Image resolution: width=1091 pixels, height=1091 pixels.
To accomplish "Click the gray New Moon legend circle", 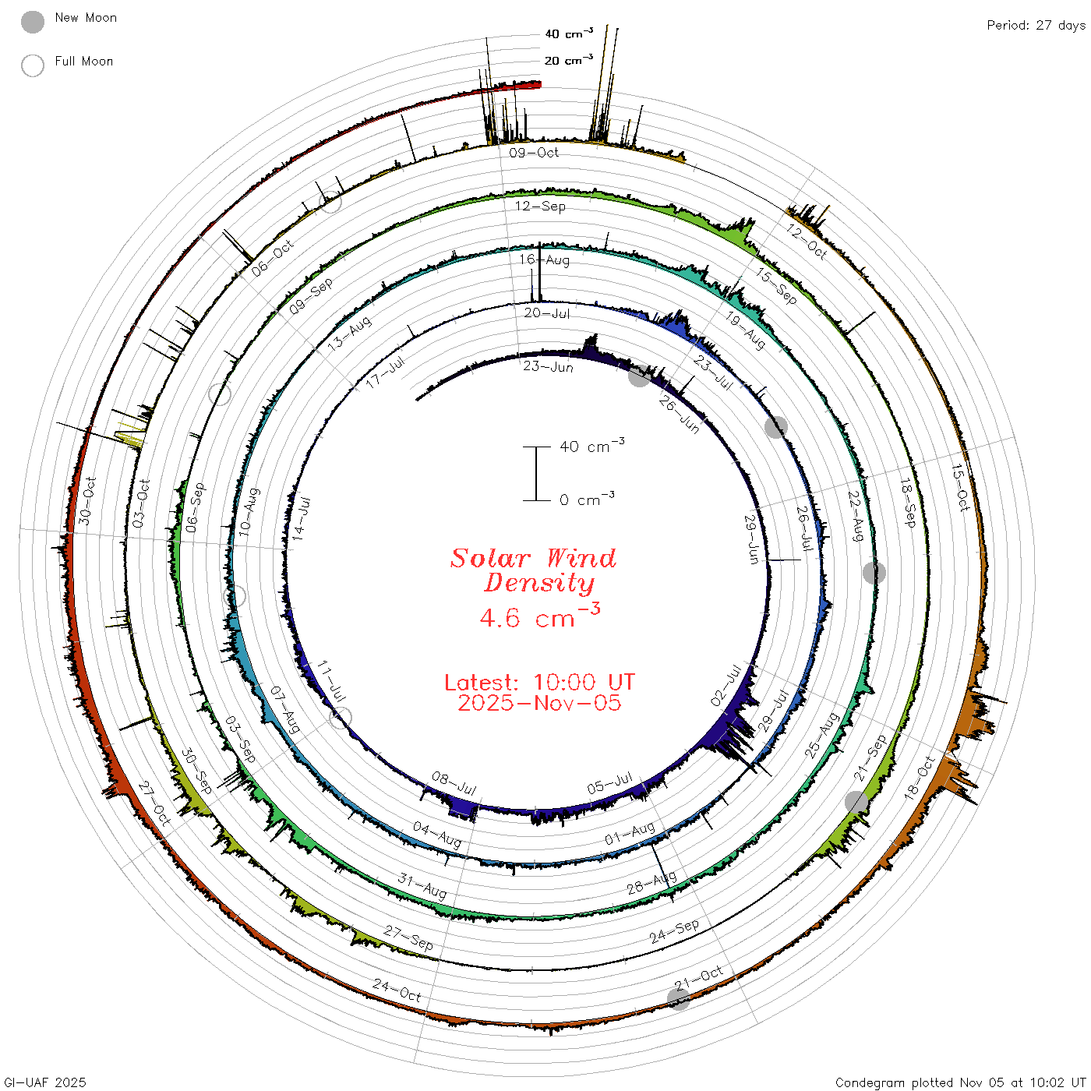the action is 32,22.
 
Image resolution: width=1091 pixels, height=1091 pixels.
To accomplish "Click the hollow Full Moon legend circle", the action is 32,65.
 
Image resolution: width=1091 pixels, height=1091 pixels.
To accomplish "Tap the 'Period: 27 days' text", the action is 1036,26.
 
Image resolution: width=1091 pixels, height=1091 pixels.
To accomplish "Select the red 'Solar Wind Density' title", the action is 534,570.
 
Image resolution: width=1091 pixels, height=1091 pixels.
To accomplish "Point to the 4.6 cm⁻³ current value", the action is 539,616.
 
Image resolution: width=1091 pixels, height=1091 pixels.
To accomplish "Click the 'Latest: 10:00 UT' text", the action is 539,682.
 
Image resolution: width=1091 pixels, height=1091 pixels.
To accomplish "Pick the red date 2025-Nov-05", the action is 539,703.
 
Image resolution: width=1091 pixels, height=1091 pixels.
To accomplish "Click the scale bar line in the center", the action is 536,473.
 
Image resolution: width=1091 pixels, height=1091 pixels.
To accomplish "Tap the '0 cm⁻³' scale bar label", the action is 587,499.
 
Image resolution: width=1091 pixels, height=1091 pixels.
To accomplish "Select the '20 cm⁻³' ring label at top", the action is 568,60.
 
